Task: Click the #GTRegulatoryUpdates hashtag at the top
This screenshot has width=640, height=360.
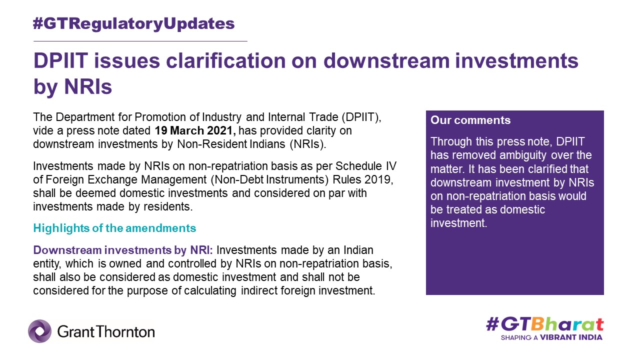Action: pyautogui.click(x=133, y=24)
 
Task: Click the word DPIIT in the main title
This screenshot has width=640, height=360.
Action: pyautogui.click(x=60, y=61)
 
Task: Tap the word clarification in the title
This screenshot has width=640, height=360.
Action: pyautogui.click(x=225, y=61)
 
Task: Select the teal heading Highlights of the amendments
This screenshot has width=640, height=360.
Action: pyautogui.click(x=114, y=228)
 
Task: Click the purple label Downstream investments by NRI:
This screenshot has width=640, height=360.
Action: pyautogui.click(x=123, y=250)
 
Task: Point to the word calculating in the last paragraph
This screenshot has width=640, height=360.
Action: pyautogui.click(x=210, y=291)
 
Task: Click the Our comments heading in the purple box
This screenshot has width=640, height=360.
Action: pyautogui.click(x=470, y=120)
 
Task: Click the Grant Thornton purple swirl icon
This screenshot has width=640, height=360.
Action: pyautogui.click(x=39, y=331)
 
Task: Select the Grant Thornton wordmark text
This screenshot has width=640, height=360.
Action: pyautogui.click(x=106, y=332)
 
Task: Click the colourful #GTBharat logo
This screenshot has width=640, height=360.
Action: pyautogui.click(x=545, y=325)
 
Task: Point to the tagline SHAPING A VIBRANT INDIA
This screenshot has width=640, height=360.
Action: pyautogui.click(x=551, y=337)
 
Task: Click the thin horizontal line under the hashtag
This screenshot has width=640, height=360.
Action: pyautogui.click(x=140, y=41)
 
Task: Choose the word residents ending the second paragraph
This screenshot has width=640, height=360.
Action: pyautogui.click(x=168, y=206)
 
